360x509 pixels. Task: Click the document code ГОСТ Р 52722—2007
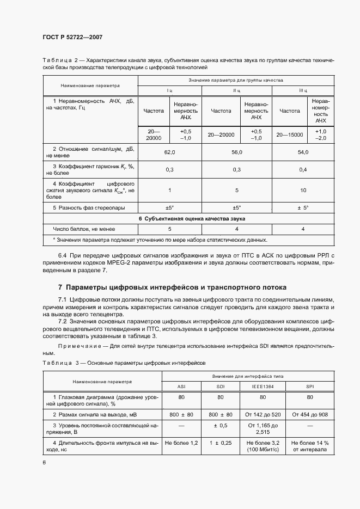[x=72, y=37]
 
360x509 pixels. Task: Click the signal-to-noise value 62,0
[x=169, y=152]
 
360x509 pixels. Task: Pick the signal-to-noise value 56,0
[x=237, y=152]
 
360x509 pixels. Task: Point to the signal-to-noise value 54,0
[x=303, y=152]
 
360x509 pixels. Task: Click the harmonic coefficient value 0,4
[x=303, y=170]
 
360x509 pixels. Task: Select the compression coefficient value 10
[x=303, y=190]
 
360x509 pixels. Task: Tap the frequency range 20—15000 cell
[x=290, y=134]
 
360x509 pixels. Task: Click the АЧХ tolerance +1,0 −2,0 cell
[x=321, y=134]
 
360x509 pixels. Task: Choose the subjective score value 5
[x=169, y=229]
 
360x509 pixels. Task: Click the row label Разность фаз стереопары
[x=89, y=208]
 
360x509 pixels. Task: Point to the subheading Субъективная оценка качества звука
[x=191, y=218]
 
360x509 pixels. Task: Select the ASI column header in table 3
[x=181, y=387]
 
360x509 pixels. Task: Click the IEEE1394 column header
[x=263, y=387]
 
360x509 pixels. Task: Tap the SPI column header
[x=310, y=387]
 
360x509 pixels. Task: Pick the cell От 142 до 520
[x=263, y=415]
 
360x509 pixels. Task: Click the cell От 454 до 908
[x=310, y=415]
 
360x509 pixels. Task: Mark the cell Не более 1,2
[x=181, y=443]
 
